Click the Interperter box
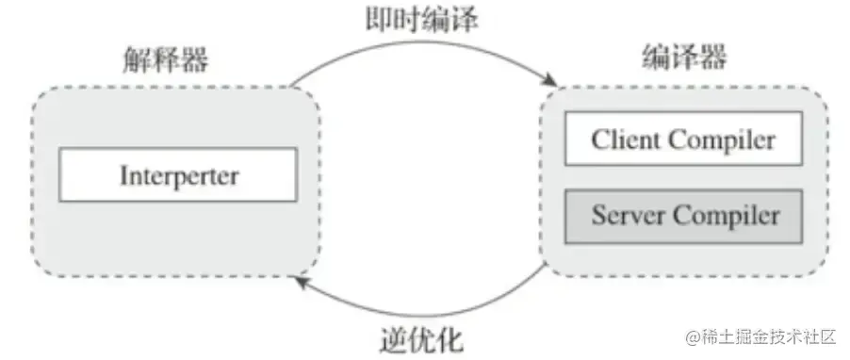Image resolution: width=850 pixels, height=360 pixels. (178, 174)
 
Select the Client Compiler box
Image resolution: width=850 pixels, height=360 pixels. (683, 140)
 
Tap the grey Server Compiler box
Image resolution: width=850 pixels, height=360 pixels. (683, 216)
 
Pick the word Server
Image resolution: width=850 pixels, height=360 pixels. (625, 216)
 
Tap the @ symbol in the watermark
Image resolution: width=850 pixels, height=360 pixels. (696, 336)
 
